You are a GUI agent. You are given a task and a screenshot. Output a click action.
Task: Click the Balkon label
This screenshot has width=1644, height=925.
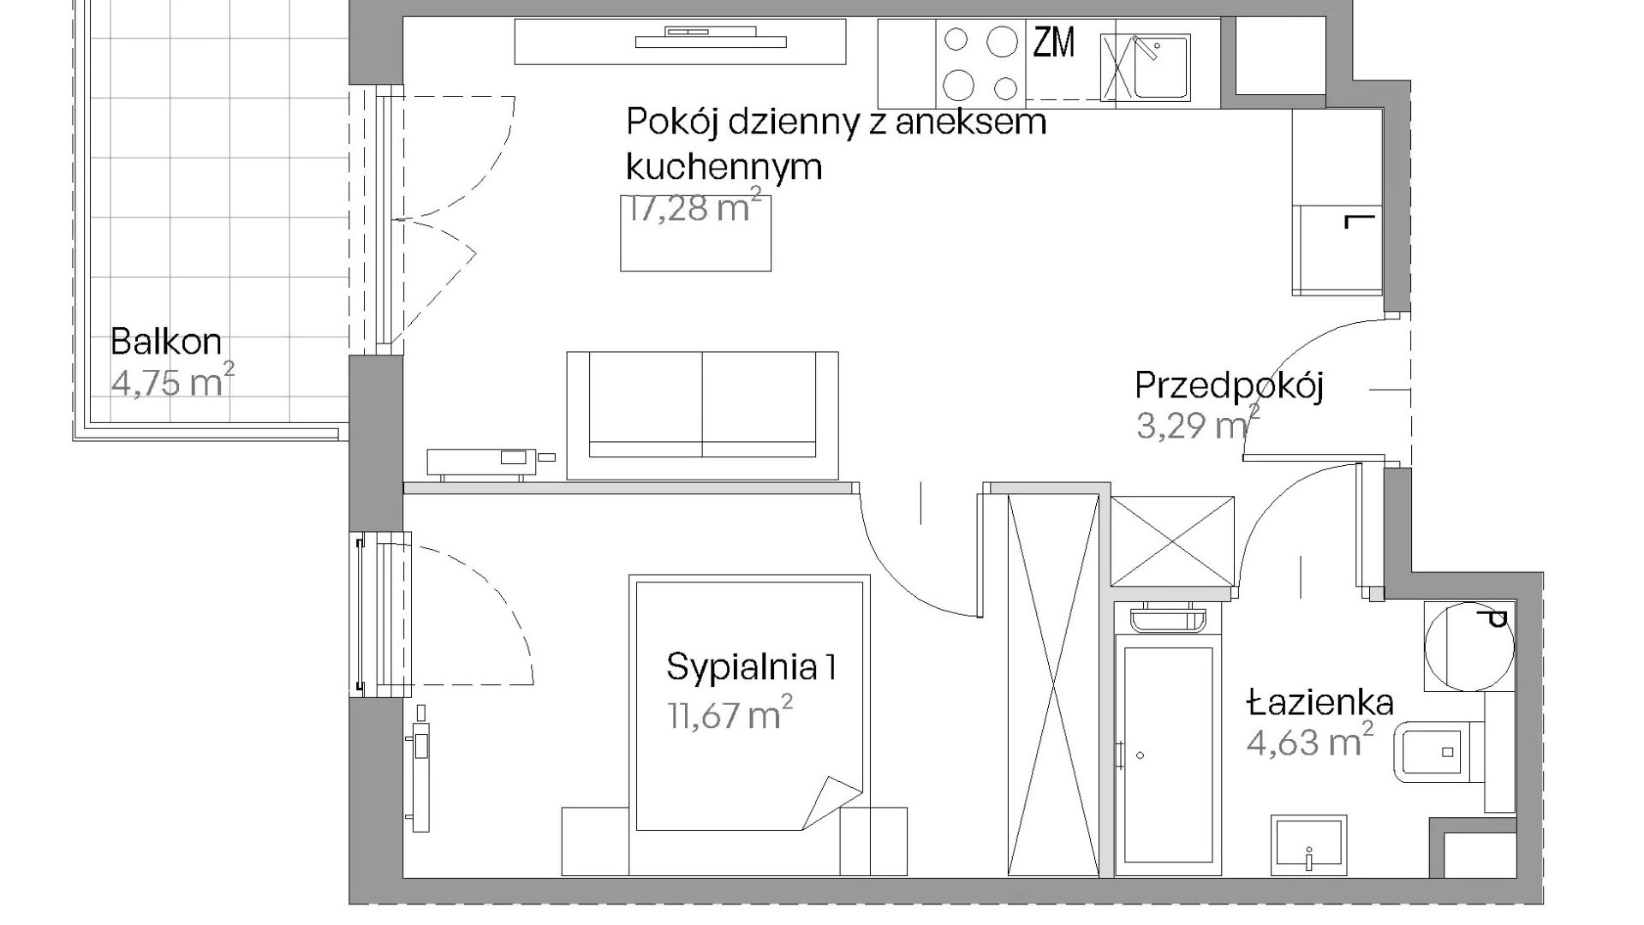click(166, 343)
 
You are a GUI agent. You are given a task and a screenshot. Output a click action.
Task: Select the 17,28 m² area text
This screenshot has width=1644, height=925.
click(694, 209)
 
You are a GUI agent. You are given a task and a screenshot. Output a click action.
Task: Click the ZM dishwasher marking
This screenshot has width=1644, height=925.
click(1053, 43)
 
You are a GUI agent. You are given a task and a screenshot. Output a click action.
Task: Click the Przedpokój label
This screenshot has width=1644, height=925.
click(1229, 386)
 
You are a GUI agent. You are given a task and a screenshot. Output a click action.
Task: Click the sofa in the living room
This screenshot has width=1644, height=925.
click(702, 415)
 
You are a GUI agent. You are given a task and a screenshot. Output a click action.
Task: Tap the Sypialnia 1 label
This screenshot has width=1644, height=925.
click(751, 667)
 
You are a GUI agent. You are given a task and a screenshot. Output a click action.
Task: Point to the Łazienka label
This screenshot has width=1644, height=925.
click(1320, 703)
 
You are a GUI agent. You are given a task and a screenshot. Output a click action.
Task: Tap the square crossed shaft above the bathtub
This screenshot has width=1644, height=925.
click(1173, 541)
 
